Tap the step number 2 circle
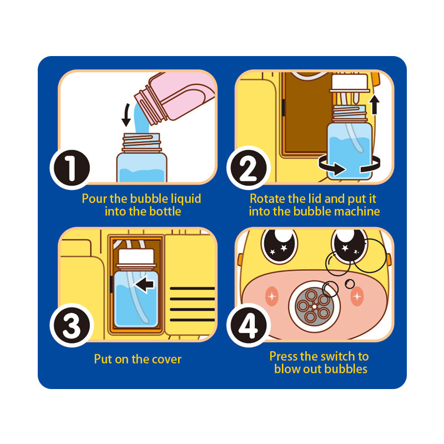pos(248,168)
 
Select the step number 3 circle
pos(72,325)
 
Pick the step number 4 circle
pos(248,325)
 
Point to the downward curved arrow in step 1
pos(127,115)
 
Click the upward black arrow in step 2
pos(375,104)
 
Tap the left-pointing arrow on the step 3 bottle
pos(145,284)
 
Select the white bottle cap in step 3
pos(136,256)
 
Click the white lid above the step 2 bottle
pos(350,82)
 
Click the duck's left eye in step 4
pos(280,244)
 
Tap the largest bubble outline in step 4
pos(370,256)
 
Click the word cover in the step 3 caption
pos(167,359)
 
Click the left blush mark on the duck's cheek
pos(272,296)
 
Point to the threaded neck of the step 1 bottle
pos(142,143)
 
